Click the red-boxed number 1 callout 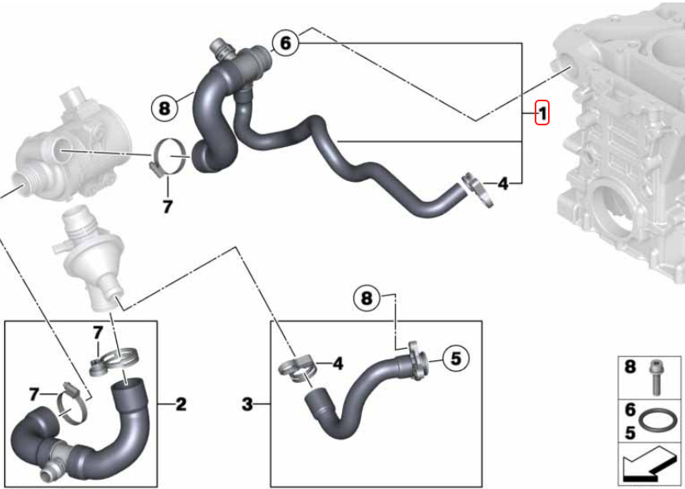[x=541, y=114]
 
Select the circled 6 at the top [x=285, y=43]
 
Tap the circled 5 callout [x=456, y=359]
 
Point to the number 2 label [x=181, y=404]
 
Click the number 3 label [x=247, y=404]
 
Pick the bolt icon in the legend [x=654, y=378]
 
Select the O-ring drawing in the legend [x=658, y=420]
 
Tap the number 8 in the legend [x=629, y=367]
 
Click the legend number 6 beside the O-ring [x=629, y=410]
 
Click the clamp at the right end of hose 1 [x=477, y=190]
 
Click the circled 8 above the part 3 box [x=366, y=299]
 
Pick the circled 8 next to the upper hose [x=164, y=108]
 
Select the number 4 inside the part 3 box [x=338, y=364]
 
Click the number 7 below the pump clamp [x=168, y=207]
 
